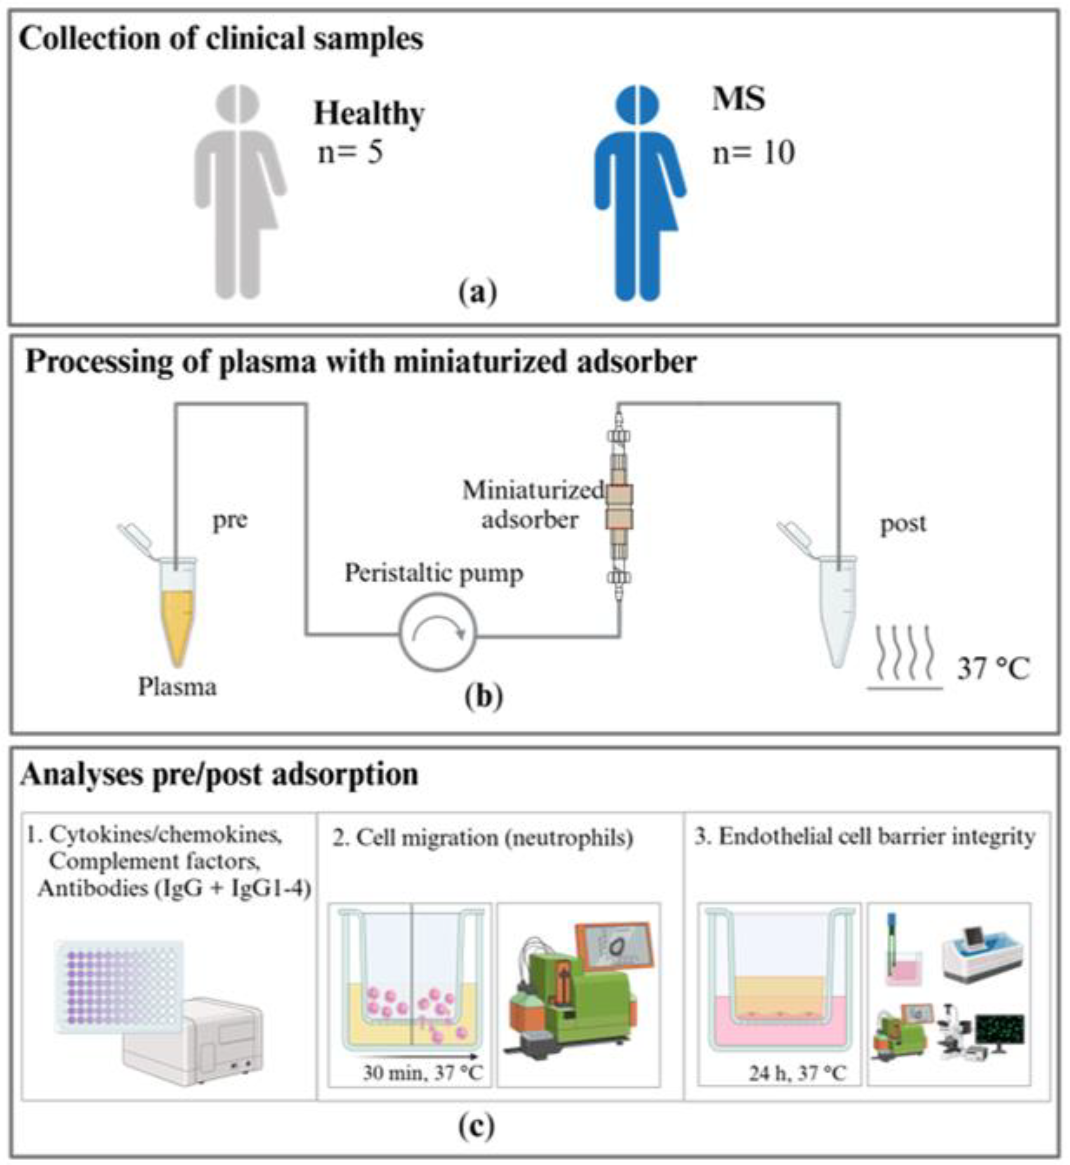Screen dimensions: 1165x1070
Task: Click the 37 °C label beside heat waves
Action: click(x=993, y=669)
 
